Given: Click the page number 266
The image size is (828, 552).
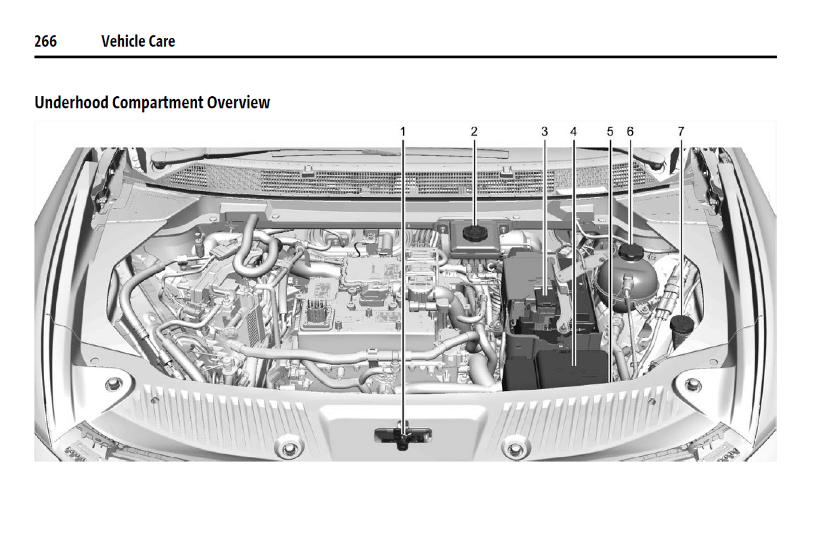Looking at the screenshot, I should coord(45,41).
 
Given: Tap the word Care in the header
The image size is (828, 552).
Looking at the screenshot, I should coord(162,41).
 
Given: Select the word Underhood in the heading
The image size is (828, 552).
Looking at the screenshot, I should coord(71,103).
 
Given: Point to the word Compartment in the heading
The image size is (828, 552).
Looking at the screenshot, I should coord(158,103).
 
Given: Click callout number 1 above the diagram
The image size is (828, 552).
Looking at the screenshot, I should coord(403,132).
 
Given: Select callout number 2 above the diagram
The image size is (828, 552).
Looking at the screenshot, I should coord(474,132).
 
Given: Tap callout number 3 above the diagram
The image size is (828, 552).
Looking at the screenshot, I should coord(544,132).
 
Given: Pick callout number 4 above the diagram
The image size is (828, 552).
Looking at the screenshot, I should coord(573,132).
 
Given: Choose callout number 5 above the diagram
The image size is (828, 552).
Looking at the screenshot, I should coord(610,132).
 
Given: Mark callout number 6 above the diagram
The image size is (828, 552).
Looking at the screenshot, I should coord(630,132).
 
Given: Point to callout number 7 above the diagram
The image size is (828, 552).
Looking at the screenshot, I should coord(681,132).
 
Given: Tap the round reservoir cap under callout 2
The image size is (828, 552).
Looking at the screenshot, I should coord(474,233).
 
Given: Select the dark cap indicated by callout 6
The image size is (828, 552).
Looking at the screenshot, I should coord(630,251).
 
